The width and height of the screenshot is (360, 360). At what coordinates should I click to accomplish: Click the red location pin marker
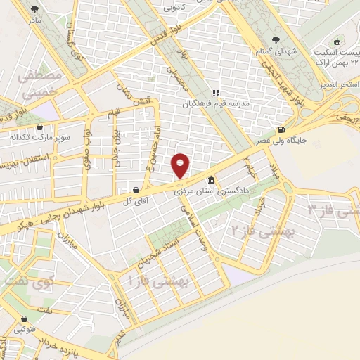pos(181,165)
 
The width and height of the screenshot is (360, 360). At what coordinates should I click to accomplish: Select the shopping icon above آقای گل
pos(135,190)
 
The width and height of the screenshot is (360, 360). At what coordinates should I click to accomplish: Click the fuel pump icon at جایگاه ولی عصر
pos(282,129)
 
